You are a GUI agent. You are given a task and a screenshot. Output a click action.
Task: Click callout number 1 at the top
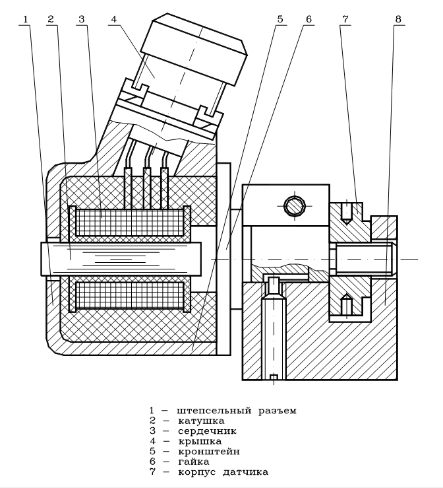coord(26,19)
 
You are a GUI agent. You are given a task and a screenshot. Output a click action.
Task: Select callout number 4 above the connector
coord(114,19)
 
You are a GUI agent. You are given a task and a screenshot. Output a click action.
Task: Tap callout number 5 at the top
coord(280,19)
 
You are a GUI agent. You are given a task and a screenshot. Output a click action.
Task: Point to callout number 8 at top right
coord(398,19)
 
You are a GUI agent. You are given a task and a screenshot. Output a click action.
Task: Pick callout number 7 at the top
coord(345,19)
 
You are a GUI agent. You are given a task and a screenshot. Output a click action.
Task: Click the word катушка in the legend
coord(201,421)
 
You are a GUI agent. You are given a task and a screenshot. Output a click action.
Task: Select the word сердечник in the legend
coord(207,431)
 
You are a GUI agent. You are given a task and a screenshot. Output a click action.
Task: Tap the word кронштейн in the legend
coord(209,451)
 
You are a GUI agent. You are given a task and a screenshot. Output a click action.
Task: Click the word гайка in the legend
coord(194,462)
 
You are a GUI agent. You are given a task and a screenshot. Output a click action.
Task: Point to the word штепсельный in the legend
coord(214,411)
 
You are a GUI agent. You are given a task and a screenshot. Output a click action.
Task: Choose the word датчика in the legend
coord(245,472)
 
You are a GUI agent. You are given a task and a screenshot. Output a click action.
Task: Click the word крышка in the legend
coord(200,441)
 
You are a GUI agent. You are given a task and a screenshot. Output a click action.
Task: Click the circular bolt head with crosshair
coord(295,206)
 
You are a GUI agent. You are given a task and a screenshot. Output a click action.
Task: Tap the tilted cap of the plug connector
coord(194,49)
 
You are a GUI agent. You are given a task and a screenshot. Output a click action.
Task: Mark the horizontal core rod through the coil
coord(121,259)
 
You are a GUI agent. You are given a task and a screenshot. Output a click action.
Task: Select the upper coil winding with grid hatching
coord(130,223)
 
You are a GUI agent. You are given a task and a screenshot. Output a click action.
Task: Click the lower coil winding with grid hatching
coord(130,295)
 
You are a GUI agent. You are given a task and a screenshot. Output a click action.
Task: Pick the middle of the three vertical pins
coord(147,188)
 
